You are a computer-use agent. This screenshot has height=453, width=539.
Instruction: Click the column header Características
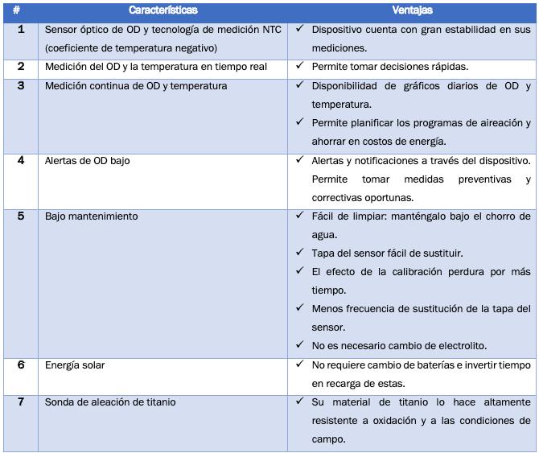pos(163,10)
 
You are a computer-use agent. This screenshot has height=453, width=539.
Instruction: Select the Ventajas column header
pos(412,10)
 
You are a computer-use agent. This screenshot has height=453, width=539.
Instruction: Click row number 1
pos(21,29)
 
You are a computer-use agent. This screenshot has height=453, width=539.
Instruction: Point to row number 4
pos(21,160)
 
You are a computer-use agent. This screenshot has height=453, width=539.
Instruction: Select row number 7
pos(21,402)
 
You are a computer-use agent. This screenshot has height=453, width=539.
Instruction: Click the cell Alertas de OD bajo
pos(87,160)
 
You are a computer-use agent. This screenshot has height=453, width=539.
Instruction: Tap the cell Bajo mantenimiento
pos(91,216)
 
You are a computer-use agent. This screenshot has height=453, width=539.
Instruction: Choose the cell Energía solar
pos(75,365)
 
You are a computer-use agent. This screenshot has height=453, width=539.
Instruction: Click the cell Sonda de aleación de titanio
pos(110,402)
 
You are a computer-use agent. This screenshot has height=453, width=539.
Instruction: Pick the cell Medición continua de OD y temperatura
pos(136,85)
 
